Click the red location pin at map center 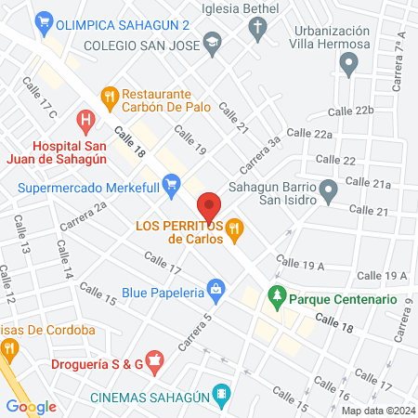pyautogui.click(x=209, y=205)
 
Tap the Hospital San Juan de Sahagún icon pyautogui.click(x=86, y=120)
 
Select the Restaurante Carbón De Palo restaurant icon pyautogui.click(x=110, y=94)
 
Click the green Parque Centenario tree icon pyautogui.click(x=276, y=299)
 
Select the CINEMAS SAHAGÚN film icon pyautogui.click(x=221, y=393)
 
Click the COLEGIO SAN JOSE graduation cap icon pyautogui.click(x=213, y=44)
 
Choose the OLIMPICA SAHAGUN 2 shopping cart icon pyautogui.click(x=43, y=20)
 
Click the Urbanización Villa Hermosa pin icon pyautogui.click(x=349, y=64)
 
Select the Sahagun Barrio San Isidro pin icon pyautogui.click(x=328, y=192)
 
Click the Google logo pyautogui.click(x=31, y=405)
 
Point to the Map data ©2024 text pyautogui.click(x=375, y=411)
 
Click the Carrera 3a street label pyautogui.click(x=261, y=154)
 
